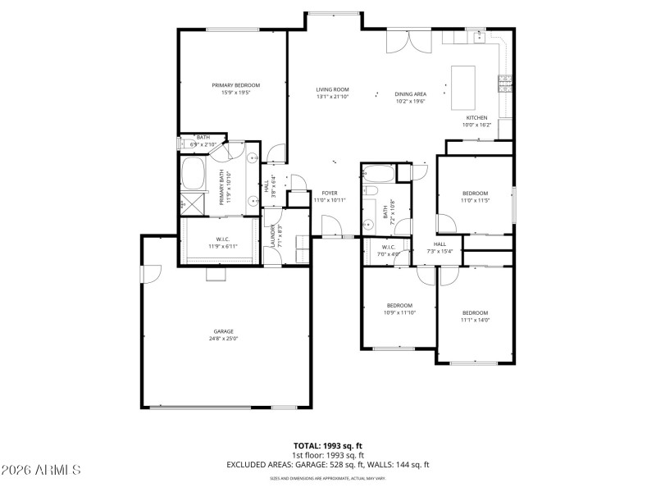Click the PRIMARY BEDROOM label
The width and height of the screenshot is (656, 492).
[x=235, y=85]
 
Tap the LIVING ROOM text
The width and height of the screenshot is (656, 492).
[x=333, y=89]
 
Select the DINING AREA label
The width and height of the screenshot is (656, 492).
[x=410, y=94]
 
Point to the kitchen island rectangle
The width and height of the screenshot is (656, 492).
[x=463, y=87]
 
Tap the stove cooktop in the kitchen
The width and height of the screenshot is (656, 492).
[x=505, y=83]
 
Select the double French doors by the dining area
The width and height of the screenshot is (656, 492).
[x=408, y=41]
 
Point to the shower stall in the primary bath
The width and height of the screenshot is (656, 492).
[x=194, y=203]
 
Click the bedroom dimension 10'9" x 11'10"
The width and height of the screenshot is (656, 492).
[x=399, y=312]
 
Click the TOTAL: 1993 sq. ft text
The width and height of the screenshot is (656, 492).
[x=327, y=446]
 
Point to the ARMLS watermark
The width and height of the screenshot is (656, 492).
[x=41, y=470]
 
